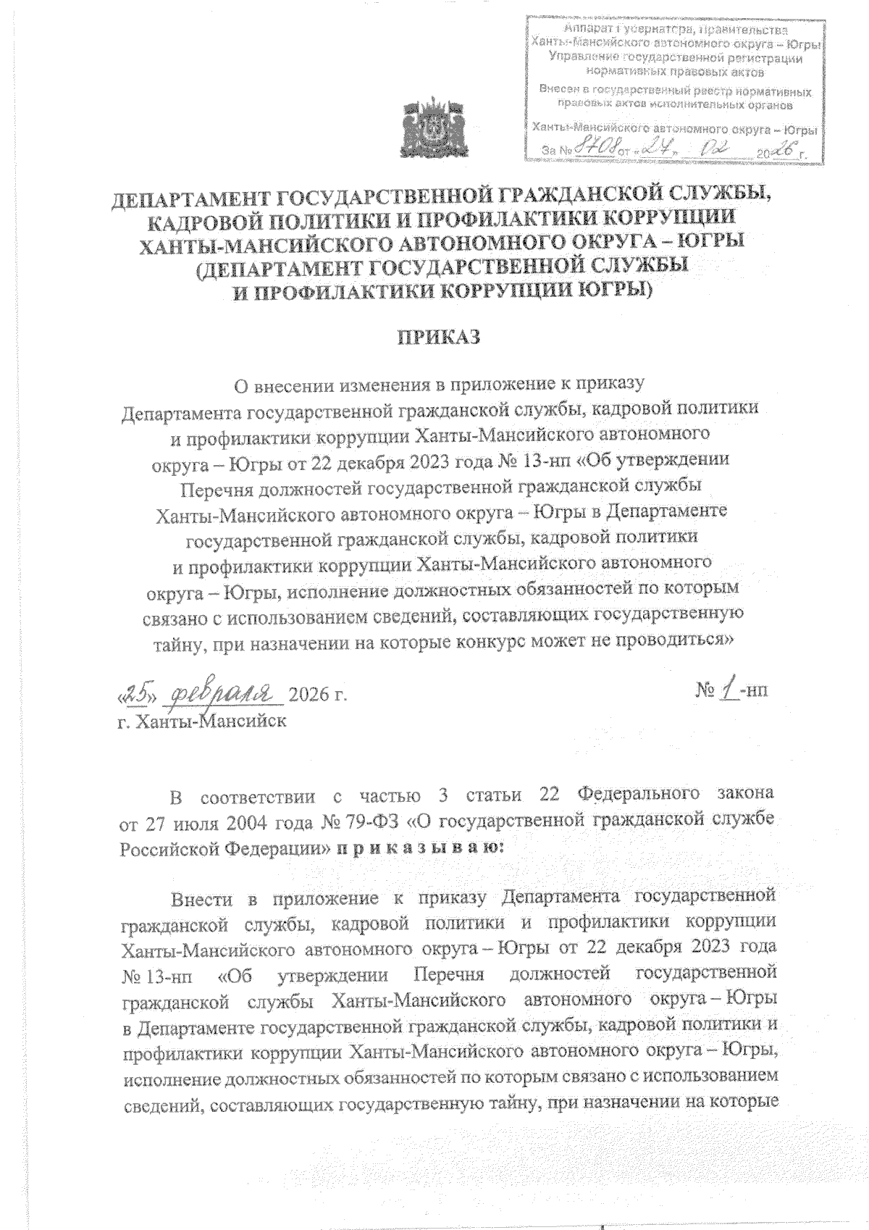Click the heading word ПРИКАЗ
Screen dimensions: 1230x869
click(435, 338)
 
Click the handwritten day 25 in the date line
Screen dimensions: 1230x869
click(136, 693)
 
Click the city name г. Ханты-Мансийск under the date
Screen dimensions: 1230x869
click(202, 721)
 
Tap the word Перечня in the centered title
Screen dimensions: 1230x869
click(222, 487)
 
